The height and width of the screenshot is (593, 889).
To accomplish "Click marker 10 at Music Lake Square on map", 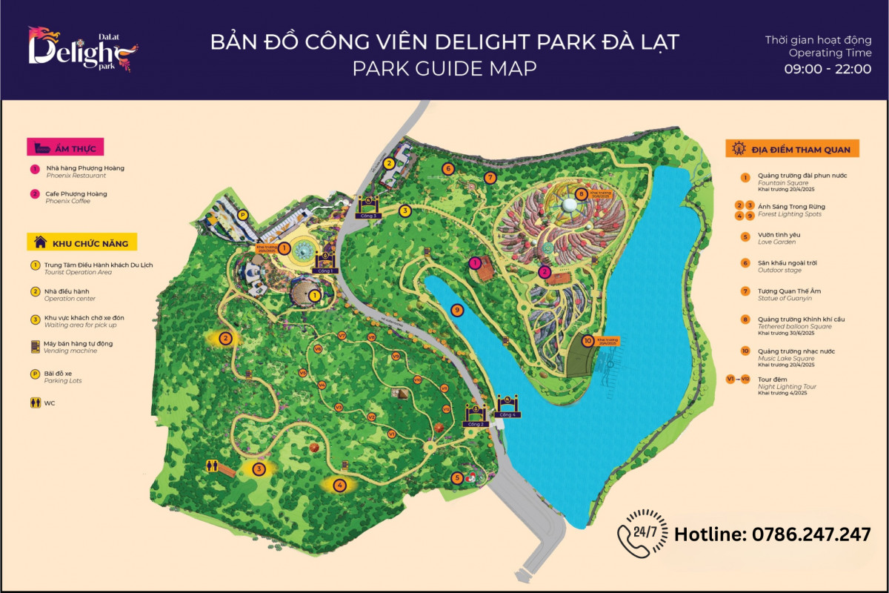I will (587, 341).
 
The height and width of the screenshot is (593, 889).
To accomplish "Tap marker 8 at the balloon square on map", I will (581, 194).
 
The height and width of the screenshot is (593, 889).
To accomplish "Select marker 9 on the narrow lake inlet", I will (457, 309).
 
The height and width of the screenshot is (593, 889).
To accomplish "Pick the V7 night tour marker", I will (342, 336).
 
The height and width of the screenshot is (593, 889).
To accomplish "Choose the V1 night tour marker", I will (339, 407).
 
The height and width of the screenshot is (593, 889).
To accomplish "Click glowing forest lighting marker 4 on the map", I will (339, 486).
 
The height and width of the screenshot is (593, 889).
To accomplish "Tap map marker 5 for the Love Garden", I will (457, 478).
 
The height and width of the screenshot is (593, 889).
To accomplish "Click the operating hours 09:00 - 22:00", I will (828, 68).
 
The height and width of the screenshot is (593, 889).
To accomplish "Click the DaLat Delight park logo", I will (82, 49).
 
